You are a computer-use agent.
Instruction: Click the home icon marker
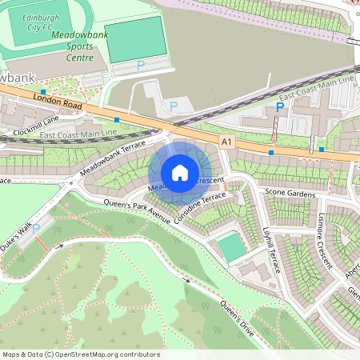click(x=180, y=172)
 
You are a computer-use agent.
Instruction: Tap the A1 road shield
click(x=228, y=142)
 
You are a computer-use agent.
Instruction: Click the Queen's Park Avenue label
click(x=137, y=211)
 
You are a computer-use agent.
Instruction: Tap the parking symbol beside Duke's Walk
click(x=36, y=229)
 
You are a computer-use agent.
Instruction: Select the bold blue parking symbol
click(x=280, y=106)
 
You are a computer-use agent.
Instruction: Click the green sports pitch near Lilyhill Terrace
click(x=232, y=247)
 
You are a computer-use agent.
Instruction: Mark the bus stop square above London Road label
click(x=42, y=92)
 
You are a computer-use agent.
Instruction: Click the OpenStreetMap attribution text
click(x=81, y=354)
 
